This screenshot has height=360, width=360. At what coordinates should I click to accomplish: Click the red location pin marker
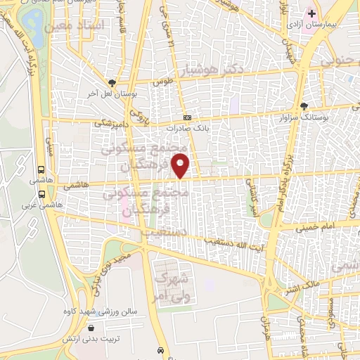point(182,167)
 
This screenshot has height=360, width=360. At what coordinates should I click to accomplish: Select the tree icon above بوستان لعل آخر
point(111,82)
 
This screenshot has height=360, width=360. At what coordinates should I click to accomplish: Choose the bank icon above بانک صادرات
point(187,118)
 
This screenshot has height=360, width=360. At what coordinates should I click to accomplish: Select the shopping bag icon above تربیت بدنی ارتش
point(92,326)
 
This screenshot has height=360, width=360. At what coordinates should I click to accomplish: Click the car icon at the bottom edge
point(162,350)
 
